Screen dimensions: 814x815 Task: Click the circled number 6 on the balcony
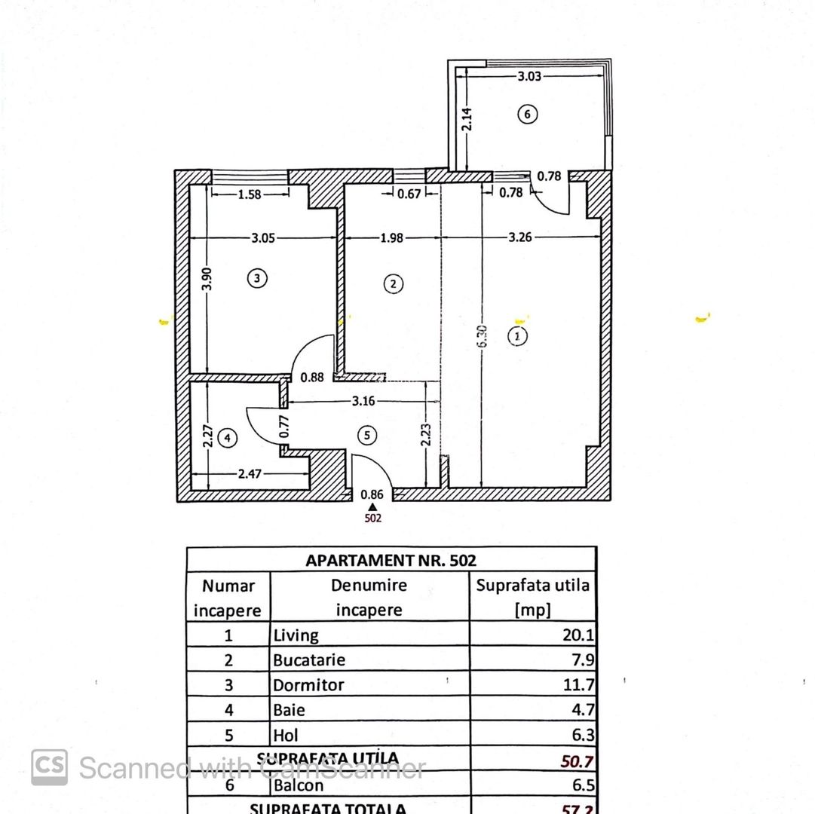click(528, 115)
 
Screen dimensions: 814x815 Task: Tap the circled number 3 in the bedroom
click(257, 278)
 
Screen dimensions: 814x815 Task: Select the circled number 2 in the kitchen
click(393, 284)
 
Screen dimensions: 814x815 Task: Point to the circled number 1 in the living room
click(517, 336)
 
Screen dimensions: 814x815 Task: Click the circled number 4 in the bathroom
click(226, 437)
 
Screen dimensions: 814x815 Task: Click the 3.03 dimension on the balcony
click(530, 75)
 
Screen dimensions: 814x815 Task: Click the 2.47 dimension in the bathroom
click(250, 474)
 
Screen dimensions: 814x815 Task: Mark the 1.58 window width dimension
click(249, 194)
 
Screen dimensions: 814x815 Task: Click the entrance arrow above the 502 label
click(372, 507)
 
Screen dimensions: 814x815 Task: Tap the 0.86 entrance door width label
click(372, 495)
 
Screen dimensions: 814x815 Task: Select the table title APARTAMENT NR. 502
click(391, 560)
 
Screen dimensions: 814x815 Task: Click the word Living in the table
click(296, 635)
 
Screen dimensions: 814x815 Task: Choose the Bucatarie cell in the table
click(309, 660)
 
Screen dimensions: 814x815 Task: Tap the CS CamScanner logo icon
click(49, 767)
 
